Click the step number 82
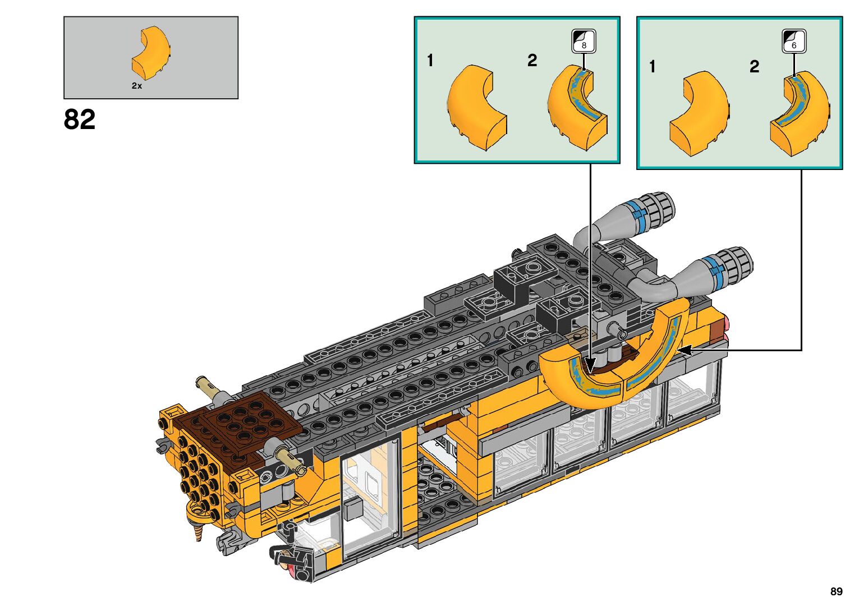point(79,120)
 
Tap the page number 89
point(837,591)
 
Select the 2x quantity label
point(137,86)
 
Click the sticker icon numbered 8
point(584,41)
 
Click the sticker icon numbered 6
point(794,41)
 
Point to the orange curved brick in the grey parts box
point(151,53)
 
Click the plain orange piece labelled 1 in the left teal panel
point(477,107)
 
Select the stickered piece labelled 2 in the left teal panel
point(577,107)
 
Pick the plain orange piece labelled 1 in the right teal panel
point(700,113)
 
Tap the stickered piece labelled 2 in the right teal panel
point(800,113)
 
